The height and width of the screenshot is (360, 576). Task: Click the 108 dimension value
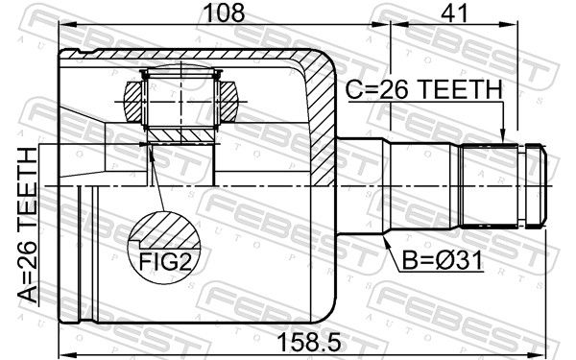224,12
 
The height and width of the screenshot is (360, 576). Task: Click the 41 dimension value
455,12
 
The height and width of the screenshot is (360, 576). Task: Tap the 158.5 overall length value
309,342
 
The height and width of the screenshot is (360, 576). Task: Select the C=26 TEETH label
423,89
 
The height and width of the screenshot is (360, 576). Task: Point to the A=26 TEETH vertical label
28,226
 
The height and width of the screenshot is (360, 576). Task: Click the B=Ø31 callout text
443,261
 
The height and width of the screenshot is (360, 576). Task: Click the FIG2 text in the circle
165,262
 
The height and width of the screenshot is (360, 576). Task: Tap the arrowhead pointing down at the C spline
503,136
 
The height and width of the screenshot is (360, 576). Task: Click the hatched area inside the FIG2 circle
167,231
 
